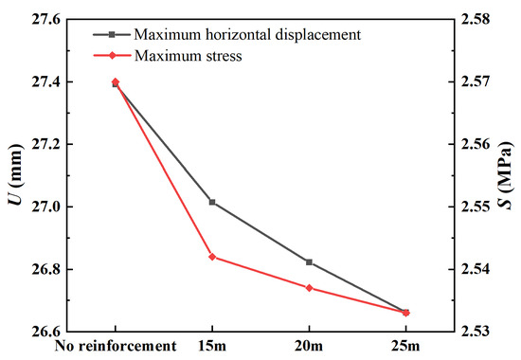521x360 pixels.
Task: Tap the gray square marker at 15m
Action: [x=212, y=202]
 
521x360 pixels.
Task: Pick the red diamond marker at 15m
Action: [x=212, y=257]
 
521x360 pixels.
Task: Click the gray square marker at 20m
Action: [x=309, y=261]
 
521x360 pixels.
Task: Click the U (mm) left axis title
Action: [x=12, y=175]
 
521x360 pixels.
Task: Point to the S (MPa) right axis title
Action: [x=510, y=175]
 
